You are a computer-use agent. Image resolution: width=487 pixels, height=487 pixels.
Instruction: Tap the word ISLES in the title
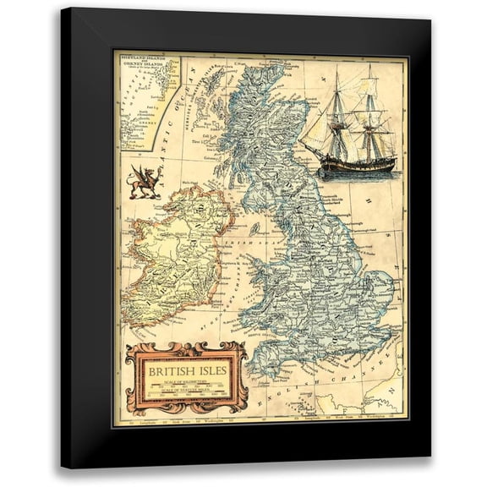click(211, 370)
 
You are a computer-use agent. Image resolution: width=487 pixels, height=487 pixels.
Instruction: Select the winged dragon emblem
click(144, 183)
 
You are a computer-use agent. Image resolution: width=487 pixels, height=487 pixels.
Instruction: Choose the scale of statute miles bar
click(186, 396)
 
